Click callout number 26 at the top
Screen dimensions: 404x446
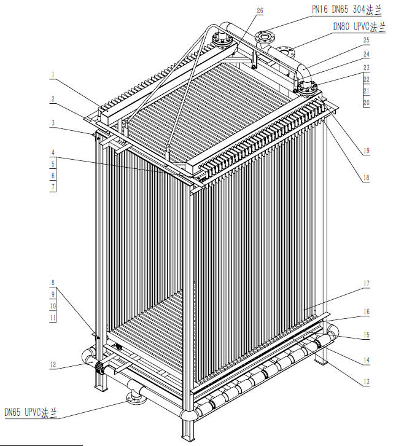(260, 10)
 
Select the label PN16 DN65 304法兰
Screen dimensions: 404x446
(346, 10)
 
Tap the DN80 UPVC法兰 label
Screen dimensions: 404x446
(359, 27)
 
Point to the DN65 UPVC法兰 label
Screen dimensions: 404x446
(31, 412)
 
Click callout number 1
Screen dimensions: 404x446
(53, 75)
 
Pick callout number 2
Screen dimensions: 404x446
(53, 99)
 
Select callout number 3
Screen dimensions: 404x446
(53, 123)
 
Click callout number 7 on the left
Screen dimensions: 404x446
(53, 187)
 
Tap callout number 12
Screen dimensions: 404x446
(53, 364)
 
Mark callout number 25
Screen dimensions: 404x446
(366, 40)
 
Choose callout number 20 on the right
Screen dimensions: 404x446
(366, 103)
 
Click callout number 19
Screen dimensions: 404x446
(366, 151)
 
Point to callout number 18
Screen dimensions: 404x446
(366, 178)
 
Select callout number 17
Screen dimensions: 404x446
(366, 283)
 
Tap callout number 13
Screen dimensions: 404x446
(366, 381)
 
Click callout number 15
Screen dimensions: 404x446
(366, 335)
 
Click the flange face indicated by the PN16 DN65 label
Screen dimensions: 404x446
(265, 36)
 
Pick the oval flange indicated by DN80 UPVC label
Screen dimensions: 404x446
(285, 52)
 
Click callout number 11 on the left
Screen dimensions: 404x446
(53, 318)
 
